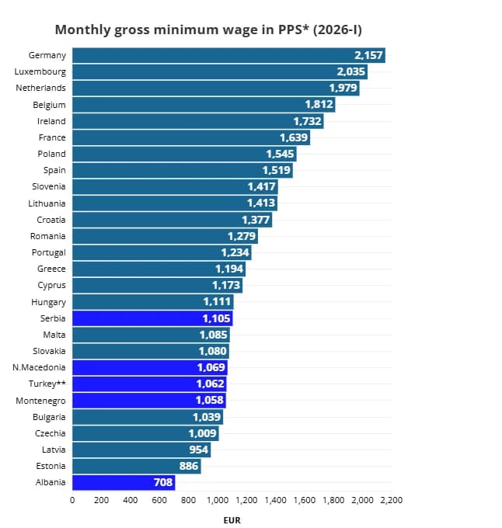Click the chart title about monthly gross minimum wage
(x=208, y=30)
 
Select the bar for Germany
(x=228, y=55)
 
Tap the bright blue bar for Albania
(x=124, y=482)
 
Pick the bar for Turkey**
(x=148, y=384)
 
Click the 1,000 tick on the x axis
(x=217, y=501)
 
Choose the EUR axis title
(x=232, y=520)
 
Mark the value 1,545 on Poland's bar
(x=280, y=154)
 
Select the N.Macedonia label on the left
(x=40, y=367)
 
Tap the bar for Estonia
(x=136, y=466)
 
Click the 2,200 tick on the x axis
(x=391, y=501)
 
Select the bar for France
(x=190, y=137)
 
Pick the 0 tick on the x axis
(x=72, y=501)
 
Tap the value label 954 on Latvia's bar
(x=198, y=450)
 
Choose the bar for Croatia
(x=172, y=220)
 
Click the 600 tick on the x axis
(x=159, y=501)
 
